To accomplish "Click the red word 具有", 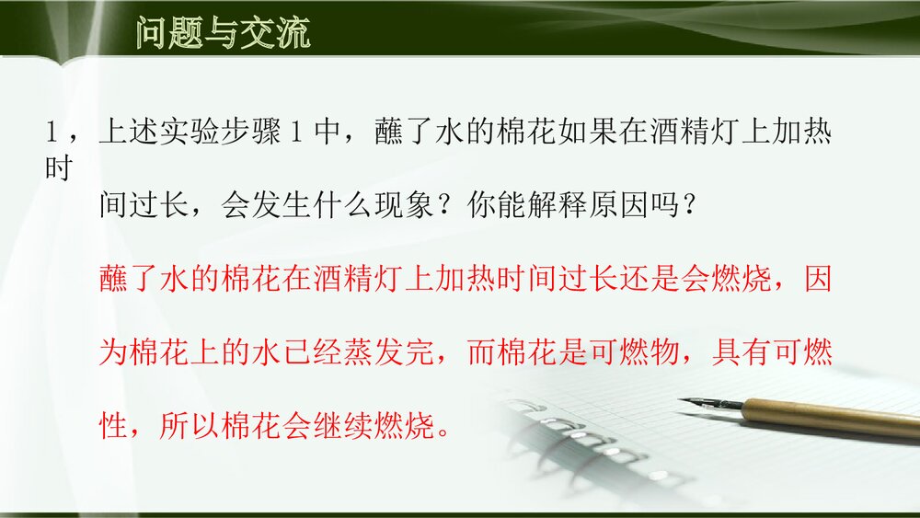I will click(x=742, y=354).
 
